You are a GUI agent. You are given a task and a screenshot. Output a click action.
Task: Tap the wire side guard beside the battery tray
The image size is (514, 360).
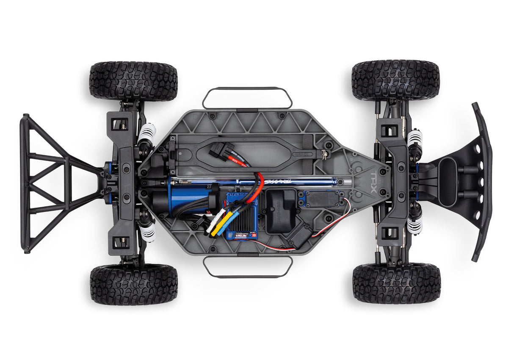pyautogui.click(x=247, y=98)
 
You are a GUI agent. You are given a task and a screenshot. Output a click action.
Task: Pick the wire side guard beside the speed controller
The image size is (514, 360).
pyautogui.click(x=248, y=267)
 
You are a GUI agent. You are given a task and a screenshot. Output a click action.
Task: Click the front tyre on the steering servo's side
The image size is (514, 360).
pyautogui.click(x=396, y=283)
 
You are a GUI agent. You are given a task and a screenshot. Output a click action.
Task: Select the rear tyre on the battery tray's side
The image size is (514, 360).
pyautogui.click(x=133, y=81)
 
